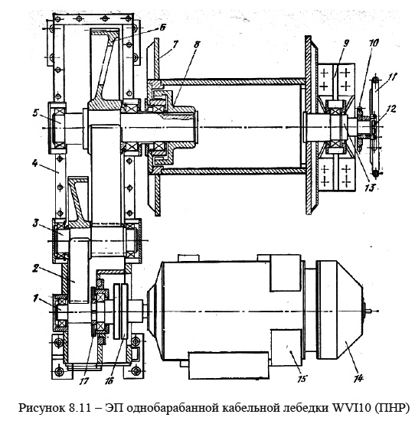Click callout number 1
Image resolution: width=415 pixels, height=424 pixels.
[x=35, y=298]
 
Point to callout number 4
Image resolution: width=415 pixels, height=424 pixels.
[x=35, y=163]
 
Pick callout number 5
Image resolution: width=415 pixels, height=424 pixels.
[x=36, y=113]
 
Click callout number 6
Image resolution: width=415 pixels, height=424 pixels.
[x=162, y=28]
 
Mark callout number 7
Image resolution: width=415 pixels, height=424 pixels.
[x=176, y=44]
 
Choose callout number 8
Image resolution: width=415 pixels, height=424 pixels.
[x=197, y=44]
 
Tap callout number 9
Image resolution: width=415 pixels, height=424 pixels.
[x=346, y=44]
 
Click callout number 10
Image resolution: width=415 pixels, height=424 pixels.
[x=374, y=43]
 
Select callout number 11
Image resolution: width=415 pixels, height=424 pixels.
[x=392, y=77]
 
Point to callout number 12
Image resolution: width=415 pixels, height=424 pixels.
[x=391, y=109]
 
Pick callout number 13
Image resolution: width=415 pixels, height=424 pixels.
[x=369, y=188]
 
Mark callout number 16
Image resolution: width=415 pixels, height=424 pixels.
[x=109, y=380]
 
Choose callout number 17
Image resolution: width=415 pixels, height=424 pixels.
[x=84, y=380]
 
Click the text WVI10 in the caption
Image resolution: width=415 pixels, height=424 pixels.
[x=350, y=406]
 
